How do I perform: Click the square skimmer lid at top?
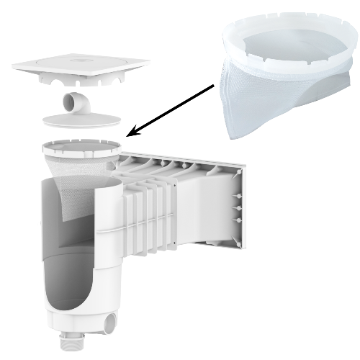click(79, 68)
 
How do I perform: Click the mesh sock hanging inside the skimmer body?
click(76, 191)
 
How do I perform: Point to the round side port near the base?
click(114, 318)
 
